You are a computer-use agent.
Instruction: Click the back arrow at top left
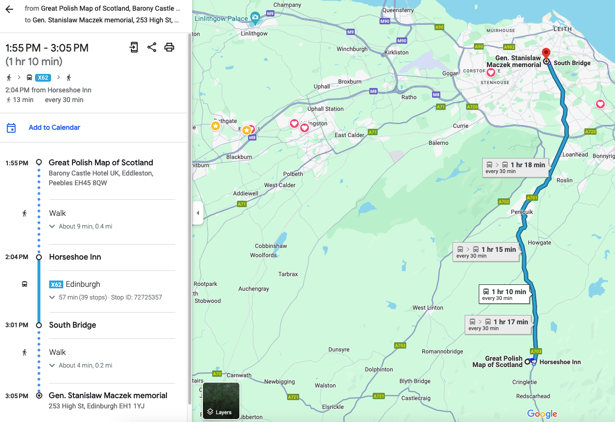pyautogui.click(x=9, y=9)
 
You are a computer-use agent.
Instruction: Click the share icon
pyautogui.click(x=152, y=47)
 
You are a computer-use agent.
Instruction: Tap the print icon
pyautogui.click(x=169, y=47)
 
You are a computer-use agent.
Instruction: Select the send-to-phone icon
pyautogui.click(x=134, y=47)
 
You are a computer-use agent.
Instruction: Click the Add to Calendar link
pyautogui.click(x=54, y=127)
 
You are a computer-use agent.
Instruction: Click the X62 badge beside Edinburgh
pyautogui.click(x=56, y=284)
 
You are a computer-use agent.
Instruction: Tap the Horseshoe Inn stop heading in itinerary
pyautogui.click(x=75, y=257)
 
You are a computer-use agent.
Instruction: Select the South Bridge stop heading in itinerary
pyautogui.click(x=72, y=325)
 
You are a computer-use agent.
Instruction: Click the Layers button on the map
pyautogui.click(x=221, y=401)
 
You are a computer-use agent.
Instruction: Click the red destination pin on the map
pyautogui.click(x=546, y=53)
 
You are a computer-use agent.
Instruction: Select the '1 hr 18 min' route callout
pyautogui.click(x=516, y=168)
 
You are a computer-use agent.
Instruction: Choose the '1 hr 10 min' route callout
pyautogui.click(x=504, y=294)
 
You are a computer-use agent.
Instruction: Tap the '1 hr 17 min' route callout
pyautogui.click(x=498, y=324)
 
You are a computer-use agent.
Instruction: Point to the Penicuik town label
pyautogui.click(x=522, y=212)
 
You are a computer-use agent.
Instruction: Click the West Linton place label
pyautogui.click(x=428, y=308)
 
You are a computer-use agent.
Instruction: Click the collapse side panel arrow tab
pyautogui.click(x=198, y=213)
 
